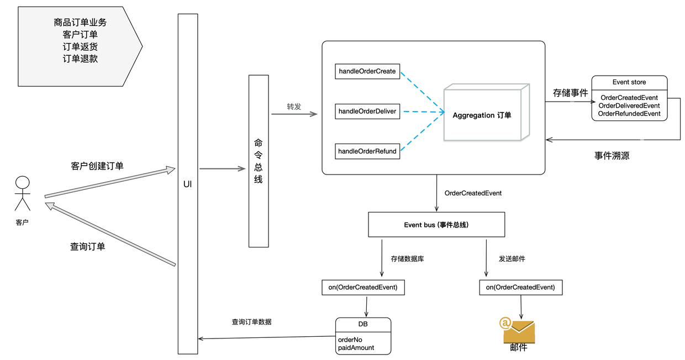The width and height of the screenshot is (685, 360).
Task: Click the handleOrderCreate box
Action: (x=367, y=71)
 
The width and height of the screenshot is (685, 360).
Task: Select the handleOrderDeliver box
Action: (x=367, y=111)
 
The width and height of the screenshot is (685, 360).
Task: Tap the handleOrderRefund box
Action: (x=367, y=151)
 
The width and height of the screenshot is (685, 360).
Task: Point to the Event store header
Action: (x=629, y=82)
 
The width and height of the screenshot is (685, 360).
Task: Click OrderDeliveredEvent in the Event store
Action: (x=629, y=105)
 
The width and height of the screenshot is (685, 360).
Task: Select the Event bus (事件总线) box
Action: (x=436, y=225)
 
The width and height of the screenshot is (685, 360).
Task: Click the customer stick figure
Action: (x=22, y=193)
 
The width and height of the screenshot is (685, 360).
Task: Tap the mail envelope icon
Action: (x=518, y=330)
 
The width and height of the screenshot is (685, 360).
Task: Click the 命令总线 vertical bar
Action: (x=259, y=161)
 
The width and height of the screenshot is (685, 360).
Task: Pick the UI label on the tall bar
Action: (x=187, y=184)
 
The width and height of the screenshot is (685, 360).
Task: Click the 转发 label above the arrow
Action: (x=294, y=107)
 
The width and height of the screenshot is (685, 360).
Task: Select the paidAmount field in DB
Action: (x=356, y=348)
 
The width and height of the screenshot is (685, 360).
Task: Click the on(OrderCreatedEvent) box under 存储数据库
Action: (x=363, y=287)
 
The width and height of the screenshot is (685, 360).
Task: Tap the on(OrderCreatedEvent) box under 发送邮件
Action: (x=520, y=287)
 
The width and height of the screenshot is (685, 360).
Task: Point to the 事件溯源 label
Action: (x=612, y=156)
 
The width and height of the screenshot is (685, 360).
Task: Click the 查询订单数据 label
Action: (x=251, y=321)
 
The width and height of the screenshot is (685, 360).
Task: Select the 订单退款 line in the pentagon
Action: (x=80, y=59)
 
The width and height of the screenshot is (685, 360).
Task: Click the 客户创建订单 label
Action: (x=97, y=166)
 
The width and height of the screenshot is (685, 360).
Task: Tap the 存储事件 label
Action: (x=570, y=93)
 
